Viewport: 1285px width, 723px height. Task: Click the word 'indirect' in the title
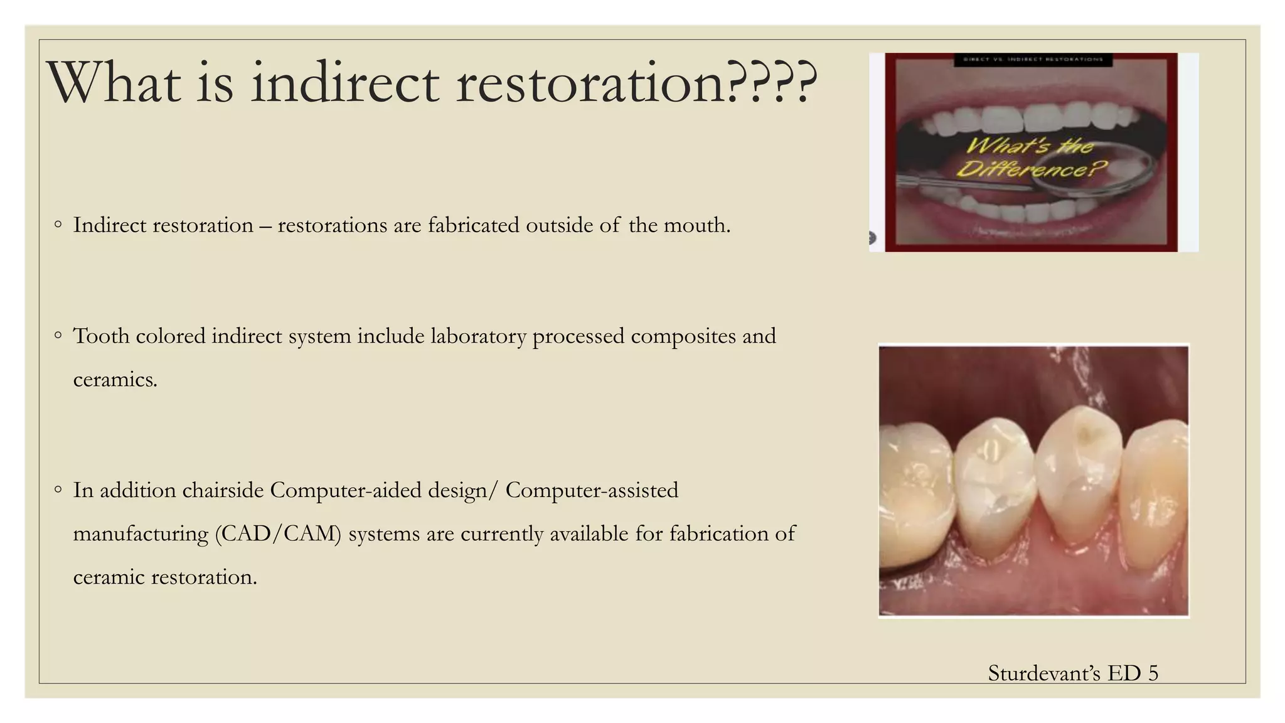click(x=344, y=83)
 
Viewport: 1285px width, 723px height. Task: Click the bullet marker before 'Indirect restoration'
click(x=58, y=224)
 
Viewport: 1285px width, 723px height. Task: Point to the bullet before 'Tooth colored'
click(x=58, y=335)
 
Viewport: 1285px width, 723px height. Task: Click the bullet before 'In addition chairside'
click(x=58, y=490)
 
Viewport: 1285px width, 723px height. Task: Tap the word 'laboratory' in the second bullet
click(x=478, y=336)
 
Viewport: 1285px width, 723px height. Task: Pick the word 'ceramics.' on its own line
click(x=115, y=379)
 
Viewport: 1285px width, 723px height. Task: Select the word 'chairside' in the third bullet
click(x=223, y=490)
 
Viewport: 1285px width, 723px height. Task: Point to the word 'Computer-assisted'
click(x=592, y=490)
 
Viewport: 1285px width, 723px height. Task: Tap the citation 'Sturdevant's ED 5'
click(x=1072, y=673)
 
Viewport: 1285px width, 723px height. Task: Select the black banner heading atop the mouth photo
click(x=1033, y=60)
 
